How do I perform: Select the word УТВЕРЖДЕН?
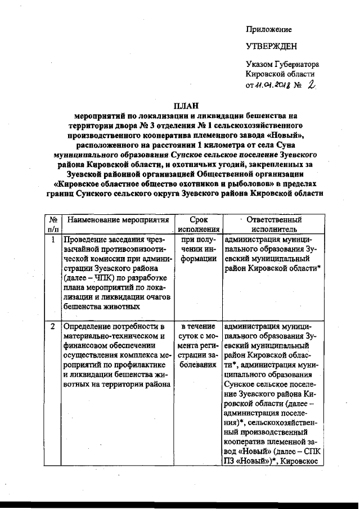(x=271, y=47)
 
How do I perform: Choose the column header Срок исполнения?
(x=199, y=224)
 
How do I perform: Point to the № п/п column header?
(x=52, y=224)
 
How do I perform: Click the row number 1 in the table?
(x=52, y=238)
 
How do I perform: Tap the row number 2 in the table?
(x=52, y=326)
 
